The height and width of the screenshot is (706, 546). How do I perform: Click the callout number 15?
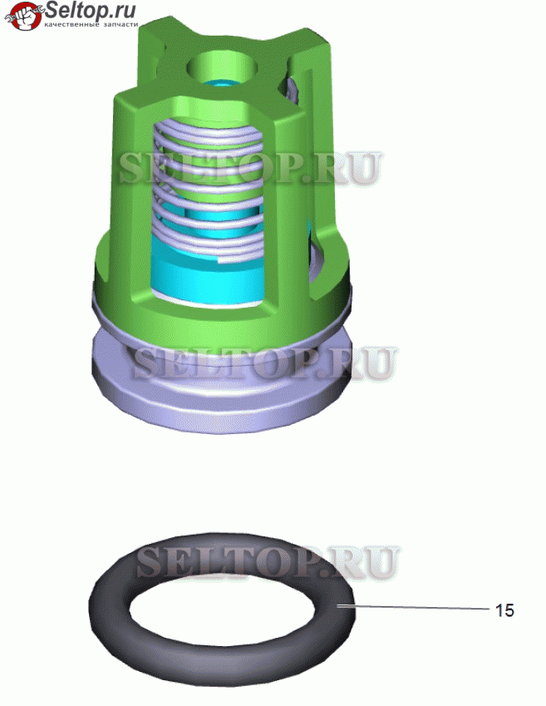click(x=504, y=610)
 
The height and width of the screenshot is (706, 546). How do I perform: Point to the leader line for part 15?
click(x=414, y=608)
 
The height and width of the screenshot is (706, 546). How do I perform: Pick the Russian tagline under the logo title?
click(x=91, y=24)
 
